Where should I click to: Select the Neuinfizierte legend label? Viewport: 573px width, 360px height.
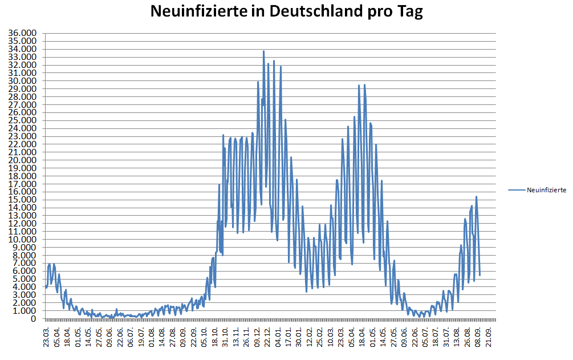point(546,190)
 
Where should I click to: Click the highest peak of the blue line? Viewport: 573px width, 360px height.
point(263,51)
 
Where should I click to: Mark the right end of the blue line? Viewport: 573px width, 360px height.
point(480,275)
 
